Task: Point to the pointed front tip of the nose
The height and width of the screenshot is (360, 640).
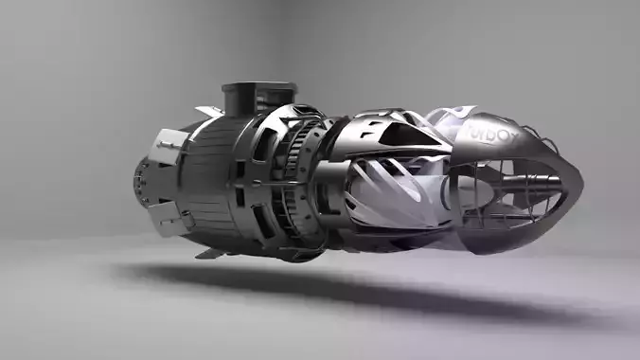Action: click(x=579, y=176)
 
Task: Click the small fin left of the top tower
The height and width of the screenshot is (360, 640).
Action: click(x=209, y=111)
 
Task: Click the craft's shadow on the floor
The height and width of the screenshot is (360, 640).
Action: click(x=379, y=294)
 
